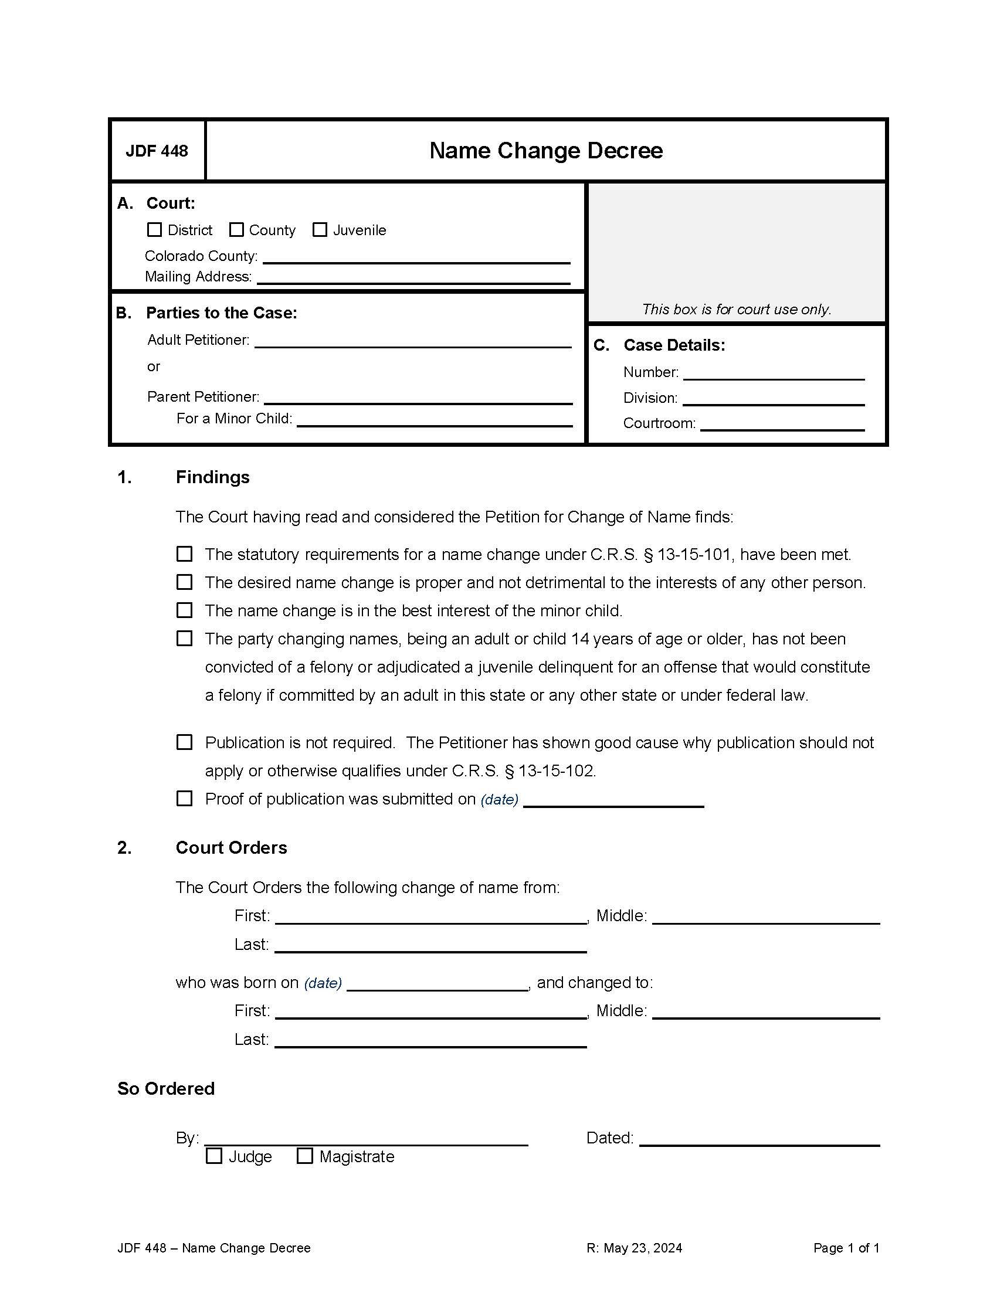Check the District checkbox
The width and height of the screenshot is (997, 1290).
[x=154, y=229]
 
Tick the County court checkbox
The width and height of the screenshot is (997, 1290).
[x=236, y=229]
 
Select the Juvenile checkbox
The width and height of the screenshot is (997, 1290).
[x=320, y=229]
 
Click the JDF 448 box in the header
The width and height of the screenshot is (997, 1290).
[x=157, y=151]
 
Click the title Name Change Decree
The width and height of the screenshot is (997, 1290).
[x=546, y=151]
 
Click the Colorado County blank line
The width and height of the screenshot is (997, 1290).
[x=416, y=257]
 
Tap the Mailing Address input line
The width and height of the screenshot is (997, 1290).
[x=413, y=278]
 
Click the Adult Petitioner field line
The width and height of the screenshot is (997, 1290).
[x=412, y=342]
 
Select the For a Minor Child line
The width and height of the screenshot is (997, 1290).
[x=434, y=420]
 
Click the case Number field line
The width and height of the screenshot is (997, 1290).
[x=773, y=374]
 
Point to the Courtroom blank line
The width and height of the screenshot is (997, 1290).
[x=782, y=425]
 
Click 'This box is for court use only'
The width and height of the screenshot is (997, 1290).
[x=736, y=309]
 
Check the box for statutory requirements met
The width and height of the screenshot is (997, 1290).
[x=184, y=554]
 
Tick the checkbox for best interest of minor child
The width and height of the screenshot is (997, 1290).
[x=184, y=610]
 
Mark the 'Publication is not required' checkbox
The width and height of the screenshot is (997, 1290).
[x=184, y=742]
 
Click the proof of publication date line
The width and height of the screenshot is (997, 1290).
[x=613, y=801]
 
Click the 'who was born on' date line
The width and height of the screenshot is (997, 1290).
[x=436, y=985]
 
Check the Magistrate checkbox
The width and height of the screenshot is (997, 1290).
[x=305, y=1156]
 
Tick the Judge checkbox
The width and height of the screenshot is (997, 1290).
[x=214, y=1156]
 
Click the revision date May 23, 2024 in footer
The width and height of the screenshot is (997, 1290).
[x=635, y=1248]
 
